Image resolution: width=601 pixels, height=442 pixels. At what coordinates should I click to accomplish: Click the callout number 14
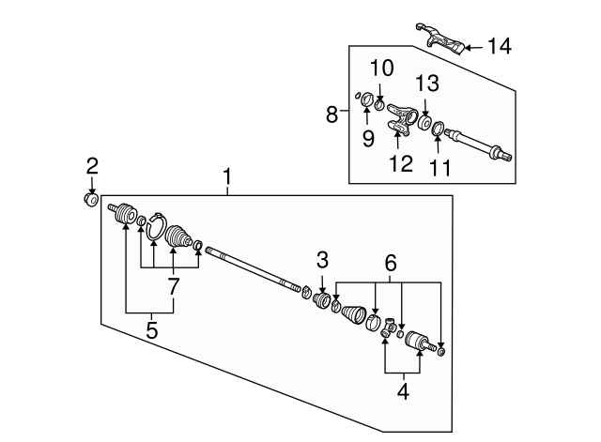(x=500, y=47)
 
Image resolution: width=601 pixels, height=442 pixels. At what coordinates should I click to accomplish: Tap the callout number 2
(x=92, y=166)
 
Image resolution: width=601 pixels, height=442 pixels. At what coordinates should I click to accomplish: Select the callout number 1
(x=227, y=176)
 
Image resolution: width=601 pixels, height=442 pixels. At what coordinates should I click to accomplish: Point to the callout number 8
(x=331, y=114)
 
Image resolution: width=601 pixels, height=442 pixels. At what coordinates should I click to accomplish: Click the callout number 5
(x=152, y=330)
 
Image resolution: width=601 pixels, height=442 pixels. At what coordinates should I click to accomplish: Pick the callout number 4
(x=403, y=391)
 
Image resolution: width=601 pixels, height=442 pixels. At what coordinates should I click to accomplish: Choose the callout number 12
(x=401, y=163)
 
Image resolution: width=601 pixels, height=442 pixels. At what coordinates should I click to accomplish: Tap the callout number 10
(x=382, y=69)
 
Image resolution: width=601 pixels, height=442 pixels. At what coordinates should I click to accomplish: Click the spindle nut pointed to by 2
(x=91, y=200)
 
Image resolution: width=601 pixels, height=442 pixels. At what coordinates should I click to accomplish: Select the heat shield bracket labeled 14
(x=441, y=39)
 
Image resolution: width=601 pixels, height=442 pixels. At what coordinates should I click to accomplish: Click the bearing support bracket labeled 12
(x=402, y=119)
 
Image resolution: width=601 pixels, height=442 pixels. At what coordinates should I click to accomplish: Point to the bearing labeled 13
(x=424, y=122)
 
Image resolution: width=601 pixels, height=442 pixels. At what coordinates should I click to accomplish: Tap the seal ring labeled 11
(x=438, y=129)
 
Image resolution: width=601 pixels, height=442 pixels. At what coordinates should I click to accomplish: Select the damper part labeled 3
(x=321, y=299)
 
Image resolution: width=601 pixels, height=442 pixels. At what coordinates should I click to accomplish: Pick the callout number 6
(x=391, y=263)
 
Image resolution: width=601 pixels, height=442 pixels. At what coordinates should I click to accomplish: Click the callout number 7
(x=173, y=286)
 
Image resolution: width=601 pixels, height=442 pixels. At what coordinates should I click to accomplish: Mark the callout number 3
(x=322, y=260)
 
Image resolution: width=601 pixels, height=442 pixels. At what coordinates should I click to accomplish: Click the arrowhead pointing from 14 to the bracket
(x=468, y=48)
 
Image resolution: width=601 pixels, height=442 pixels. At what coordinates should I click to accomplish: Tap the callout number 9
(x=368, y=138)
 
